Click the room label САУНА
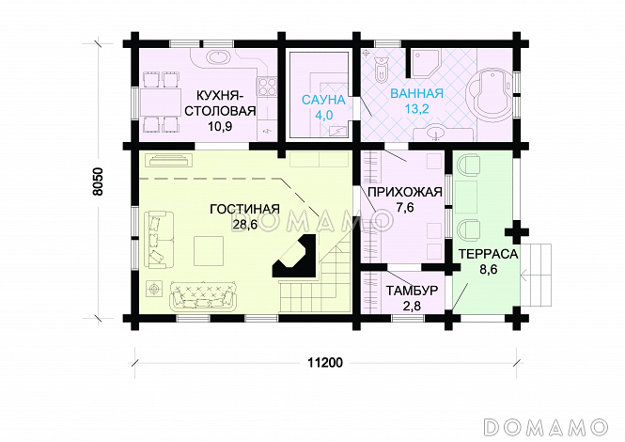(323, 100)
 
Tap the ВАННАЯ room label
(416, 93)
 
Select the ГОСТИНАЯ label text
(244, 209)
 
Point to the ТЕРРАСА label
(488, 254)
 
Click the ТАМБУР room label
(412, 291)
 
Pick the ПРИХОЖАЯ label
(405, 192)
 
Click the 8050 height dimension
(98, 182)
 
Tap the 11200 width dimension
(325, 363)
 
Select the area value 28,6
(244, 225)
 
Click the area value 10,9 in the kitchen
(220, 126)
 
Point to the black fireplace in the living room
(295, 256)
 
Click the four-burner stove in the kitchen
(267, 87)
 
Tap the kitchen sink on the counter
(216, 58)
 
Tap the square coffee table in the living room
(209, 250)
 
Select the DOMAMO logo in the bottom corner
(545, 426)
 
